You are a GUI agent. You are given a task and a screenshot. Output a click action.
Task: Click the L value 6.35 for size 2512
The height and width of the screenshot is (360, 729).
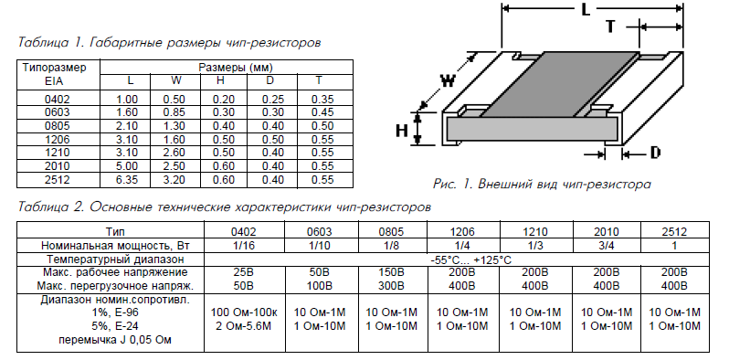click(126, 179)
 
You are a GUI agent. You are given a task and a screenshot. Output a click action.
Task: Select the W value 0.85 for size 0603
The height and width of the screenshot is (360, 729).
click(174, 112)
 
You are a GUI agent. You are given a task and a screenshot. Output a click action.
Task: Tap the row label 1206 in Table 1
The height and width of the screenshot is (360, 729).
click(58, 140)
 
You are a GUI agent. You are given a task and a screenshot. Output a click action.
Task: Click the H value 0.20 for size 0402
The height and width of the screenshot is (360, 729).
click(224, 100)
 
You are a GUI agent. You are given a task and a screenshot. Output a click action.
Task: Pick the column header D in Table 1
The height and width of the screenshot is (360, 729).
click(269, 80)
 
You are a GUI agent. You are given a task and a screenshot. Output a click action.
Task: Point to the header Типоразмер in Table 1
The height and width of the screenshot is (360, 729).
click(55, 68)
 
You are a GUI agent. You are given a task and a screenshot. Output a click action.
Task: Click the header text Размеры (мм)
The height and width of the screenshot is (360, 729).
click(236, 68)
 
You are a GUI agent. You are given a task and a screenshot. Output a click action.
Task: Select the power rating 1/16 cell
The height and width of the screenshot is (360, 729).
click(244, 246)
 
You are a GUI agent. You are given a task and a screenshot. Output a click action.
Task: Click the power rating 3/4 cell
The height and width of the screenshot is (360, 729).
click(607, 246)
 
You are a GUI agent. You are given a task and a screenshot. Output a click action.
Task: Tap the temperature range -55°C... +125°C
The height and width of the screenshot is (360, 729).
click(471, 259)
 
